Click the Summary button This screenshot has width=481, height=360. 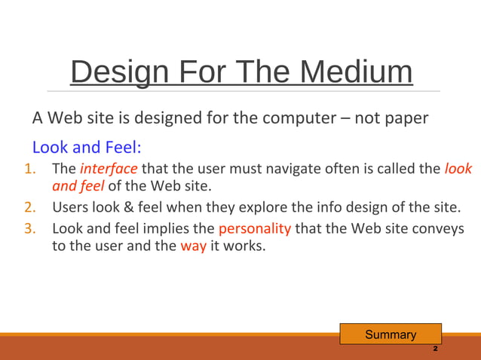390,334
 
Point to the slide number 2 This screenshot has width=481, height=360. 435,350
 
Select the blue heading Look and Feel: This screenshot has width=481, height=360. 87,146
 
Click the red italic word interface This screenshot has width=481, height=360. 109,169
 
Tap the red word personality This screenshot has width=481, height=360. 254,228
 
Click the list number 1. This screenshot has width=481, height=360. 34,169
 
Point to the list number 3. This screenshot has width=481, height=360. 34,228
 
